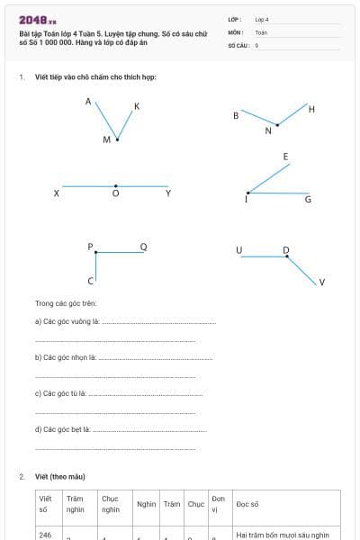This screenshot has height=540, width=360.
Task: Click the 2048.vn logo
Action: (38, 20)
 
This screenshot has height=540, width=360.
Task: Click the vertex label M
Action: (106, 139)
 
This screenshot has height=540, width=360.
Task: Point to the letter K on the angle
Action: (137, 107)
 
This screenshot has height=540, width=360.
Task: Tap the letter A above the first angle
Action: (88, 102)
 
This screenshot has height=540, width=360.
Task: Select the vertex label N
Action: (268, 131)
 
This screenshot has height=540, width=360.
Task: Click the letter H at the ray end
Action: (311, 109)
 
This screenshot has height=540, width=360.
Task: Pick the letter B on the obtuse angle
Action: (236, 115)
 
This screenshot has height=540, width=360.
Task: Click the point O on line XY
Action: (115, 193)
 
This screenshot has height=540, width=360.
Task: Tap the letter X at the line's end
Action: (57, 193)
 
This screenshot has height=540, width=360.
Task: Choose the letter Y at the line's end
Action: (168, 193)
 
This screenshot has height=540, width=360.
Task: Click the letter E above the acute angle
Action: (286, 157)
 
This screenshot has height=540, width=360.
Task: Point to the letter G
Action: (308, 199)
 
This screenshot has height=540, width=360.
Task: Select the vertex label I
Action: (247, 200)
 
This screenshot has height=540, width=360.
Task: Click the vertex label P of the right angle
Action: (90, 246)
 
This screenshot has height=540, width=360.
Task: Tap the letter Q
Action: (143, 247)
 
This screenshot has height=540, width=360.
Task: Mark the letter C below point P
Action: (90, 282)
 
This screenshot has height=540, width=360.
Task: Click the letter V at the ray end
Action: (322, 283)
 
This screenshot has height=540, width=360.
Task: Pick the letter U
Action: (238, 250)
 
